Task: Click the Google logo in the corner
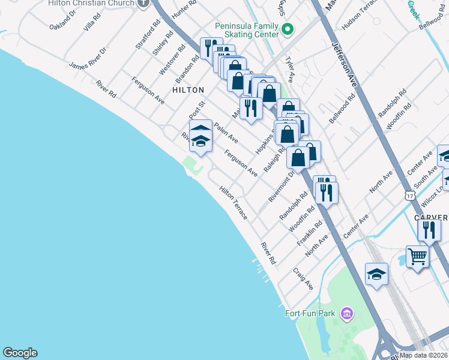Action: (20, 353)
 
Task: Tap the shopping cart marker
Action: (417, 256)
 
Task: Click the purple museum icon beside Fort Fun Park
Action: (346, 313)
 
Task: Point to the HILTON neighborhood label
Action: (188, 90)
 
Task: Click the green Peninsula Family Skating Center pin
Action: (288, 28)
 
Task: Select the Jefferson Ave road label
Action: (345, 66)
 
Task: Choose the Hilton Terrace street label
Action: (233, 202)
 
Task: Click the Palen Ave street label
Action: (226, 133)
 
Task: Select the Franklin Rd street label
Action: (310, 233)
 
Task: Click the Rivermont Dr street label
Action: (282, 187)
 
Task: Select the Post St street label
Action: (197, 109)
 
